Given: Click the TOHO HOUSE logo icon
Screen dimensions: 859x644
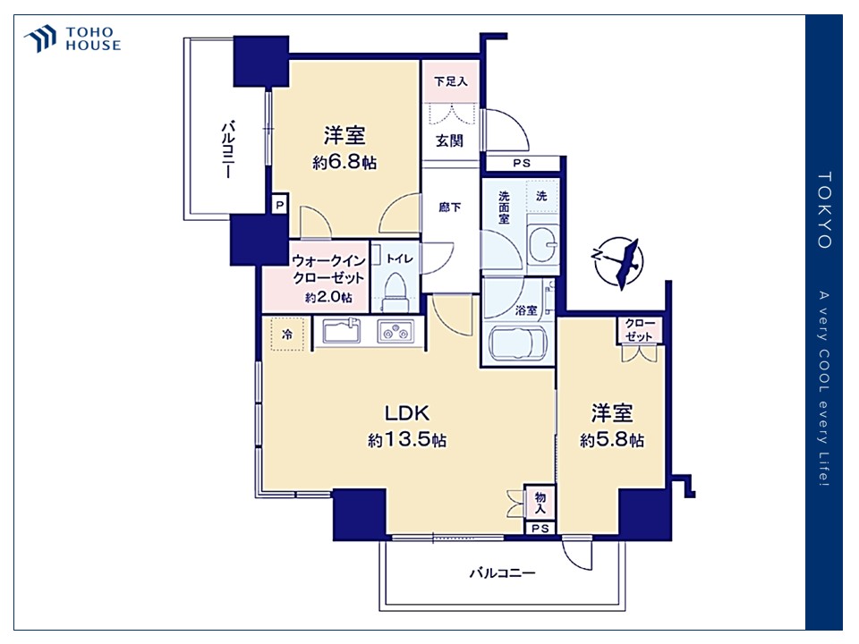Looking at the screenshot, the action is (x=40, y=38).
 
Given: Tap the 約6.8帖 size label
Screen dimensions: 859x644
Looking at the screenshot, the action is (x=344, y=162).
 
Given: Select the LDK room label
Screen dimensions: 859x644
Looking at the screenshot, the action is (x=406, y=412).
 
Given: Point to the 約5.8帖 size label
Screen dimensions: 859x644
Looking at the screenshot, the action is (x=612, y=440).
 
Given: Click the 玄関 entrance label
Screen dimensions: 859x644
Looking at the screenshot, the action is (x=450, y=140).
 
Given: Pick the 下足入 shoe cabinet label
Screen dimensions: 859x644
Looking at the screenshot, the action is (x=451, y=81).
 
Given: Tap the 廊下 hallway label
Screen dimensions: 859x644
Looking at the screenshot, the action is (x=450, y=207).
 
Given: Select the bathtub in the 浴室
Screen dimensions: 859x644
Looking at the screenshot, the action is (x=518, y=343).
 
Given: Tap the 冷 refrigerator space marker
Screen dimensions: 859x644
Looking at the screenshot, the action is (x=287, y=334).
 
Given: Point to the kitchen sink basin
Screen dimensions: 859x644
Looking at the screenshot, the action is (x=341, y=331).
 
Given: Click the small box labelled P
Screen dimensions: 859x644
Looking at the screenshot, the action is (x=280, y=206).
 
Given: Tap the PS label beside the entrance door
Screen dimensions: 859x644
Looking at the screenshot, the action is (x=522, y=163).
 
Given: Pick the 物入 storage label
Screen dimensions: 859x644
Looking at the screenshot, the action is (x=540, y=502).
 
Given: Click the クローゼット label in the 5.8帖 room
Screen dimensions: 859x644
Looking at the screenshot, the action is (x=639, y=330).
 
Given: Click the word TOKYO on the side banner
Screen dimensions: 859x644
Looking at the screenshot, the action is (x=824, y=210).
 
